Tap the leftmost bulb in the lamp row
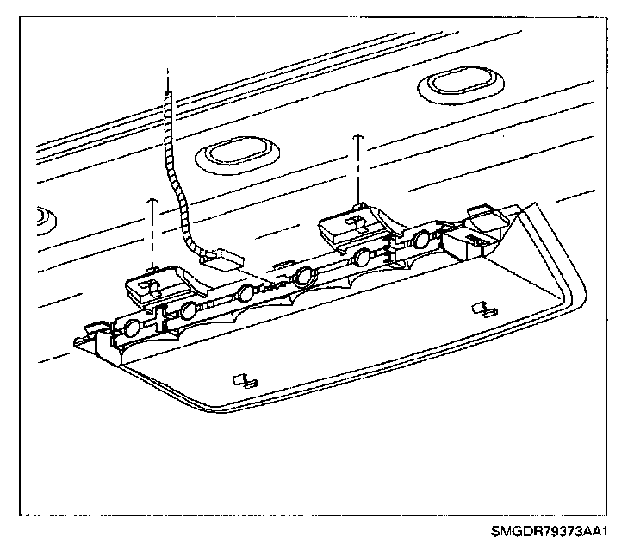pyautogui.click(x=132, y=327)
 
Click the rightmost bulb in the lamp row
pyautogui.click(x=421, y=240)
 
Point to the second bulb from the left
pyautogui.click(x=188, y=310)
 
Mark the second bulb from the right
pyautogui.click(x=364, y=256)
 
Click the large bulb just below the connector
pyautogui.click(x=303, y=277)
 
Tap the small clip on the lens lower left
pyautogui.click(x=244, y=379)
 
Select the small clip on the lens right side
pyautogui.click(x=483, y=308)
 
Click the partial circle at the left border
pyautogui.click(x=42, y=216)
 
